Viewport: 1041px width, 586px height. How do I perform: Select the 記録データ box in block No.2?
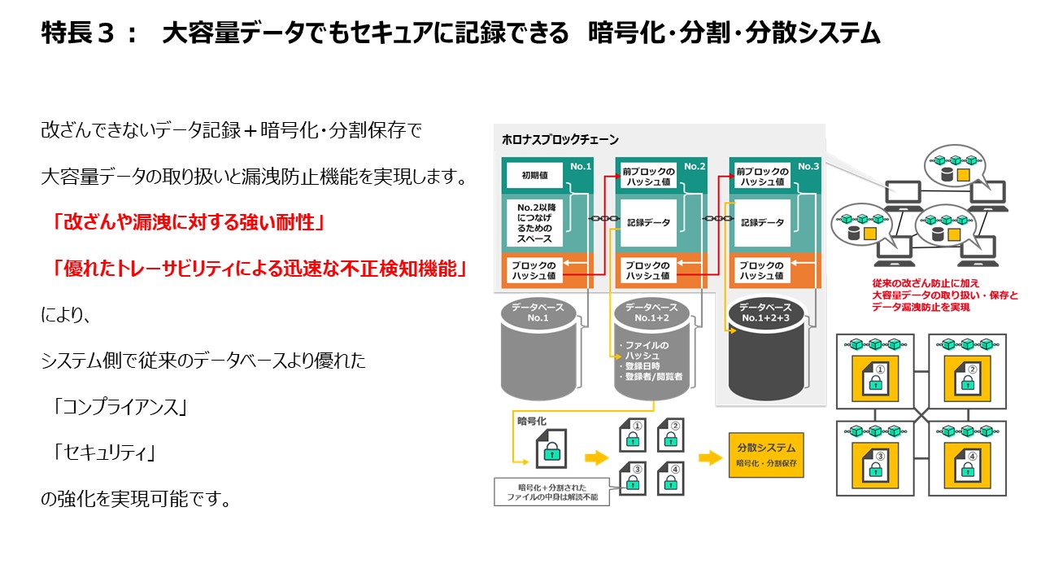coord(648,222)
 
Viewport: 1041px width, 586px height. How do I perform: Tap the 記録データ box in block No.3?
coord(762,222)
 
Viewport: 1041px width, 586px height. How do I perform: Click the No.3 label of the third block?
coord(808,166)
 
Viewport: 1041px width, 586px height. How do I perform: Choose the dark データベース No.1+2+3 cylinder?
coord(765,350)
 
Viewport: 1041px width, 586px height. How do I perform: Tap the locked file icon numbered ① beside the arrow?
coord(632,435)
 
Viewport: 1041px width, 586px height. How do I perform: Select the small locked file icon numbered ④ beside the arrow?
coord(669,478)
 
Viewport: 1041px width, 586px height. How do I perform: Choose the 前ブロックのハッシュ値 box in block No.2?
coord(648,177)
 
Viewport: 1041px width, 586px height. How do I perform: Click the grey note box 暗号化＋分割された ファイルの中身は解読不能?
coord(552,492)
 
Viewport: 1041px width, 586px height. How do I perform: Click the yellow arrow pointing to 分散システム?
coord(711,457)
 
